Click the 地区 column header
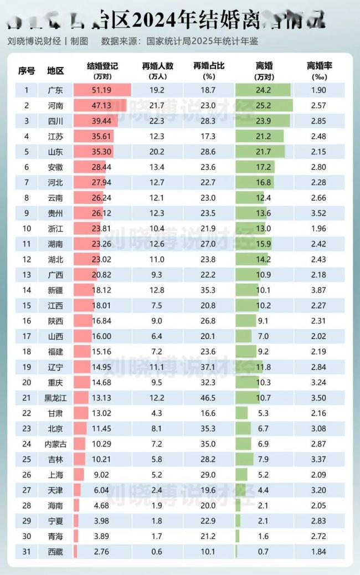click(x=55, y=70)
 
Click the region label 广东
click(x=55, y=90)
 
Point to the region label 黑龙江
click(x=55, y=398)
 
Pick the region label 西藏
click(x=55, y=552)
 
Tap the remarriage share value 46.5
click(x=209, y=398)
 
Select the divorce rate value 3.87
click(x=318, y=290)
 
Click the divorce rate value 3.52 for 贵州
click(x=318, y=213)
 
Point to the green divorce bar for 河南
click(x=264, y=105)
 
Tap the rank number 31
click(x=26, y=552)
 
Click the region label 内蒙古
click(x=55, y=444)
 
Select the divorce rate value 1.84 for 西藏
click(x=318, y=552)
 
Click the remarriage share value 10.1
click(x=209, y=552)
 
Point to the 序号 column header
click(x=26, y=70)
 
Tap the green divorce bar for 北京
click(x=243, y=428)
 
